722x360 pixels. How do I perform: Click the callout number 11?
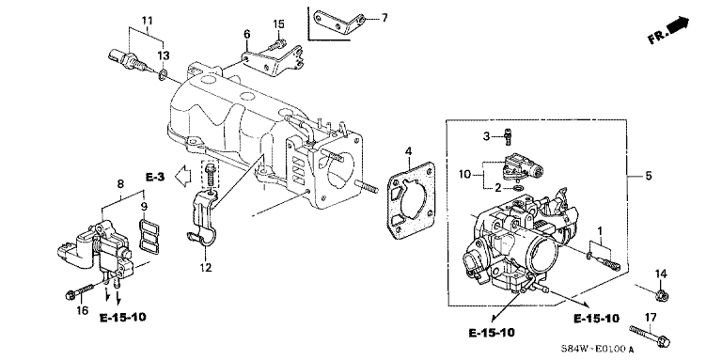(148, 21)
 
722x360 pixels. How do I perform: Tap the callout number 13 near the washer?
(164, 55)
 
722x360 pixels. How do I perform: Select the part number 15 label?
(279, 23)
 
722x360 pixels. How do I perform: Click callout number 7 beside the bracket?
(384, 19)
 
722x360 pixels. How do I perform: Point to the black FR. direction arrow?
(679, 24)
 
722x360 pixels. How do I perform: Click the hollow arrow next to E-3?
(183, 176)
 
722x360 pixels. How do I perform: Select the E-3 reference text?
(155, 177)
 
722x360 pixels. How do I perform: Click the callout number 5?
(649, 176)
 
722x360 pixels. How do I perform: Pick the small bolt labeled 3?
(509, 135)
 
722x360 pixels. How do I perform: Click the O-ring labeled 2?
(518, 188)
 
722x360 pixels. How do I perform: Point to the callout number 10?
(465, 175)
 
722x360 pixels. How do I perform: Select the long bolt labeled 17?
(650, 336)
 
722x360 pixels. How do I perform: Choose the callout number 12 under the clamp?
(205, 267)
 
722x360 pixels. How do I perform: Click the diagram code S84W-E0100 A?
(598, 350)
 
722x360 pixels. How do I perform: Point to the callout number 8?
(120, 183)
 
